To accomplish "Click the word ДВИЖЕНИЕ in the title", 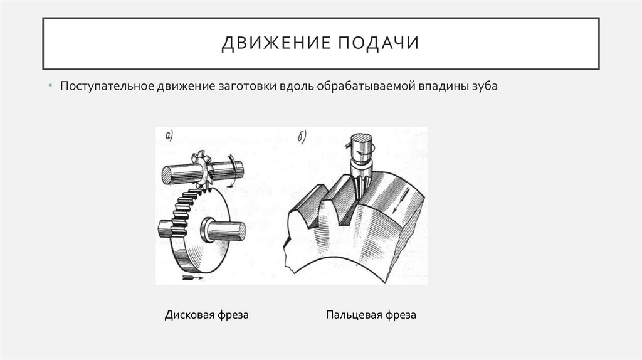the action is (272, 44).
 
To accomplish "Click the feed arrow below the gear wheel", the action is (192, 277).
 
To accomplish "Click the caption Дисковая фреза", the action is (207, 315).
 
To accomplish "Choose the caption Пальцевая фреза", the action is (371, 315).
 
